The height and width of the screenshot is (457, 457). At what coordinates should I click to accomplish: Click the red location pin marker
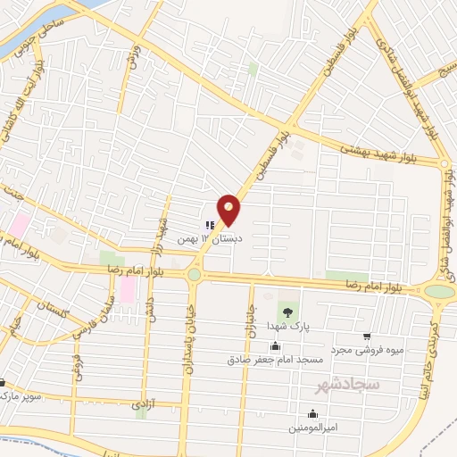(x=229, y=209)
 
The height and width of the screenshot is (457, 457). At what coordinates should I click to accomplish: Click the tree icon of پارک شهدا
(x=287, y=312)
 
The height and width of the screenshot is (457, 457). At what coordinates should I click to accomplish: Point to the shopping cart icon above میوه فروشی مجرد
(x=368, y=337)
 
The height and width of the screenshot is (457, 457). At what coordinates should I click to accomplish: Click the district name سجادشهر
(x=348, y=386)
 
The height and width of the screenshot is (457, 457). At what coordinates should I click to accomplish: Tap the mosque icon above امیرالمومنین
(x=312, y=413)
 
